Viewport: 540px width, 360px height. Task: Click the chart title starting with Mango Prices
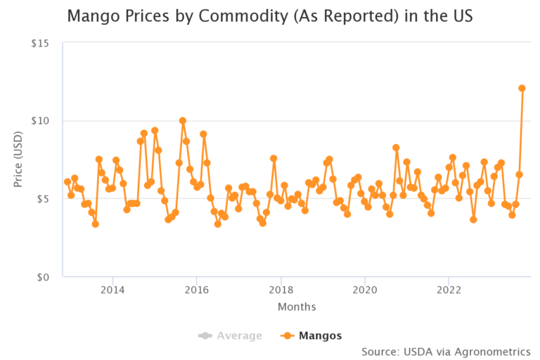[x=269, y=15]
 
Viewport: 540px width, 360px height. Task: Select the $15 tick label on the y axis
[x=39, y=43]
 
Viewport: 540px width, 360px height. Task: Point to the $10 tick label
[x=39, y=121]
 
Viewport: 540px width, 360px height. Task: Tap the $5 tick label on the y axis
[x=42, y=199]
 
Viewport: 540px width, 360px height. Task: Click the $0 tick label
[x=42, y=277]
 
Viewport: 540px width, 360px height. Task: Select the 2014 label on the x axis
[x=112, y=290]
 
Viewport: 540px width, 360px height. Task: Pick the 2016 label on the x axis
[x=197, y=290]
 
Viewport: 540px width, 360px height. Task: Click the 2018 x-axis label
[x=281, y=290]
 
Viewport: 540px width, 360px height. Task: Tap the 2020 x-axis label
[x=364, y=290]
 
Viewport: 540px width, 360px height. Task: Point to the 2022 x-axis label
[x=449, y=290]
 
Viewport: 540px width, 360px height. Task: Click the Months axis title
[x=296, y=307]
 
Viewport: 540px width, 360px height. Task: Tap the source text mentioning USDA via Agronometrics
[x=446, y=351]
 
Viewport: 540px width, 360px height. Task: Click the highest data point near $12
[x=522, y=89]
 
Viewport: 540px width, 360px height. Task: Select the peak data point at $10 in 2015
[x=183, y=121]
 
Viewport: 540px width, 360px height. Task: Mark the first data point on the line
[x=67, y=181]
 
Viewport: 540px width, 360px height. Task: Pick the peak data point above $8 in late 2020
[x=396, y=148]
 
